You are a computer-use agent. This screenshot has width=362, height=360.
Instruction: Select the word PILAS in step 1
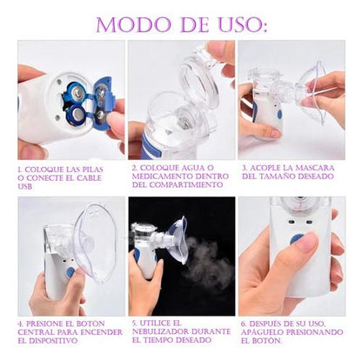point(97,170)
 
